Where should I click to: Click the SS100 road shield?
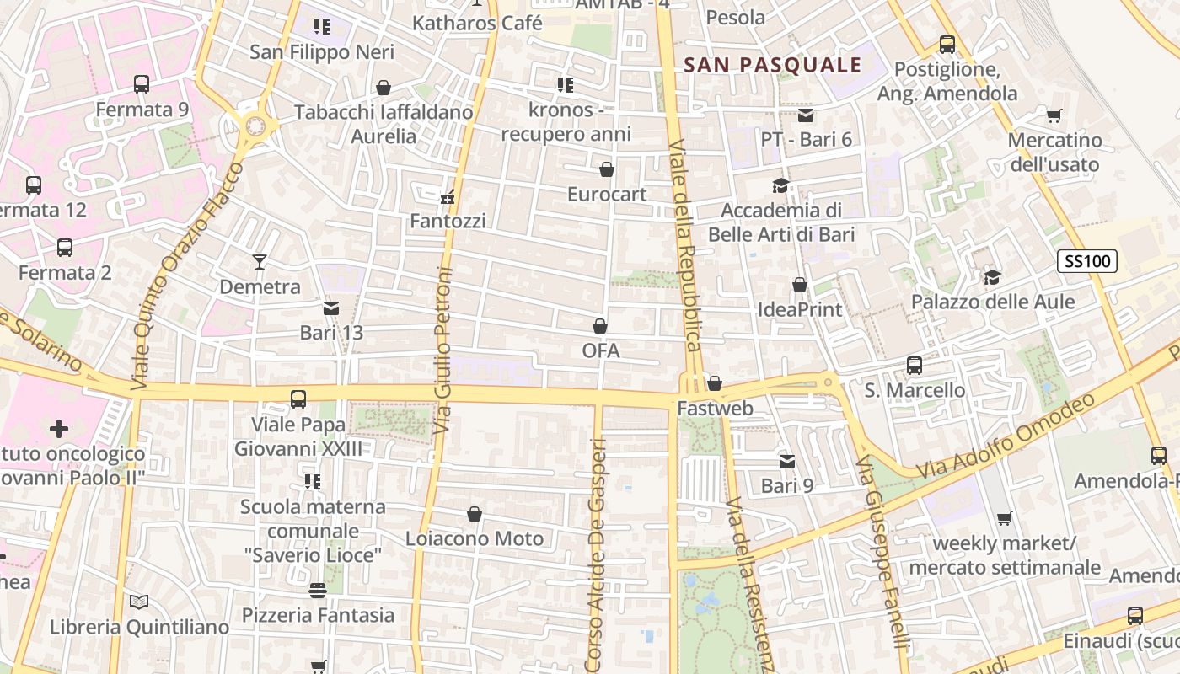point(1087,261)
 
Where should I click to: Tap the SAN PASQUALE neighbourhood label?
point(773,65)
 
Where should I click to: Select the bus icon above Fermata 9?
point(142,84)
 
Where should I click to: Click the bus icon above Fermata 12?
point(34,185)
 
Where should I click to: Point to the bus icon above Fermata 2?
point(65,248)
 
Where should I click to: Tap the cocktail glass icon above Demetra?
point(260,262)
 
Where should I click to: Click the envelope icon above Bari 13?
point(331,308)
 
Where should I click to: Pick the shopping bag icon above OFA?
point(600,326)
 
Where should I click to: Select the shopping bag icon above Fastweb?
point(715,384)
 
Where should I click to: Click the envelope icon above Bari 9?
point(787,461)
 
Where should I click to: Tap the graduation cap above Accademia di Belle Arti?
point(781,185)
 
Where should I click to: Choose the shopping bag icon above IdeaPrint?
point(799,285)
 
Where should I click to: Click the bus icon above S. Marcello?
point(914,366)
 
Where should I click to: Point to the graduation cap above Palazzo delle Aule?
point(993,277)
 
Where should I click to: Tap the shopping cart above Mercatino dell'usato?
point(1054,115)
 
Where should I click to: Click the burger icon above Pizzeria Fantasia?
point(318,591)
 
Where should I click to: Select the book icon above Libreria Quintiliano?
point(139,602)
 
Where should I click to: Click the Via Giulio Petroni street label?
point(443,350)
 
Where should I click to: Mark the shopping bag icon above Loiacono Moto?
point(475,514)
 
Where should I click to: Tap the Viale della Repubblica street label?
point(684,244)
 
